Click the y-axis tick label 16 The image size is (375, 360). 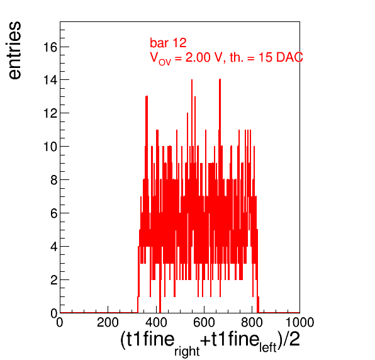50,47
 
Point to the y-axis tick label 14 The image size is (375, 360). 50,80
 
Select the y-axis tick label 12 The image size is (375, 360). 50,113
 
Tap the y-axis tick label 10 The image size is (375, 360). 50,147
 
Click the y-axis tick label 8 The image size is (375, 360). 54,179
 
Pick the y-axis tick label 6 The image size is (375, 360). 54,213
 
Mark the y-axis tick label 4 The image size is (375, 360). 54,246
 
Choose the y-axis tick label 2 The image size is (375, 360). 54,279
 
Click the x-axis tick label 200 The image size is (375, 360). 108,322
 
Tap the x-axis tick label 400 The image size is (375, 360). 156,322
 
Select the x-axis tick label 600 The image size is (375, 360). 204,322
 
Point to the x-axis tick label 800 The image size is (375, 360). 252,322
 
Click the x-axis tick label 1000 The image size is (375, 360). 299,322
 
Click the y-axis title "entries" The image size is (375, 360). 15,50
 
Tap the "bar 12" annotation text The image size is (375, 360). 168,43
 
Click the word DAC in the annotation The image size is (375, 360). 289,57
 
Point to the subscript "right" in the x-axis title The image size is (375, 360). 187,351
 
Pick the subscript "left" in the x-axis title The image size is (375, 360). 268,347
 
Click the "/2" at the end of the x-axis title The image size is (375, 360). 291,339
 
